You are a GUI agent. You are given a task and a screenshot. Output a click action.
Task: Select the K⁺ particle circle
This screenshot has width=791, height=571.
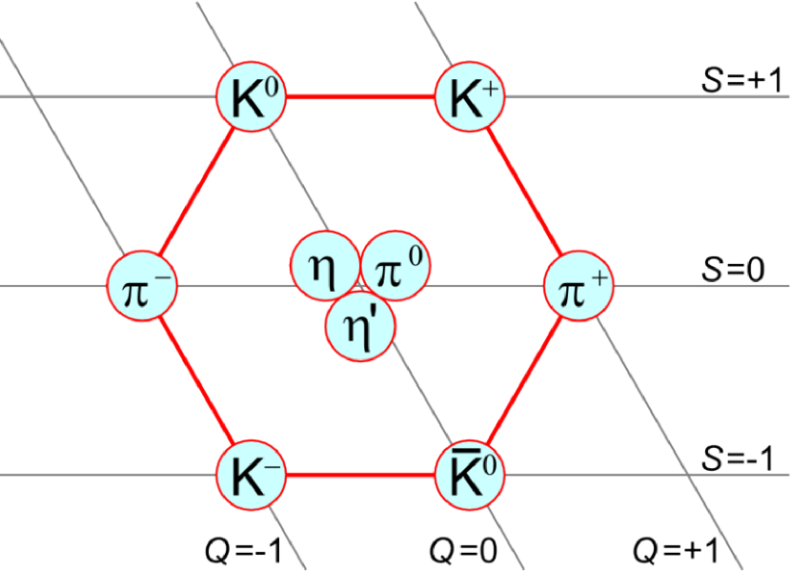coord(470,97)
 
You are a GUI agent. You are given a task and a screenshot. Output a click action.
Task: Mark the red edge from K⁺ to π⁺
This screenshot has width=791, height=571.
coord(524,191)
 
